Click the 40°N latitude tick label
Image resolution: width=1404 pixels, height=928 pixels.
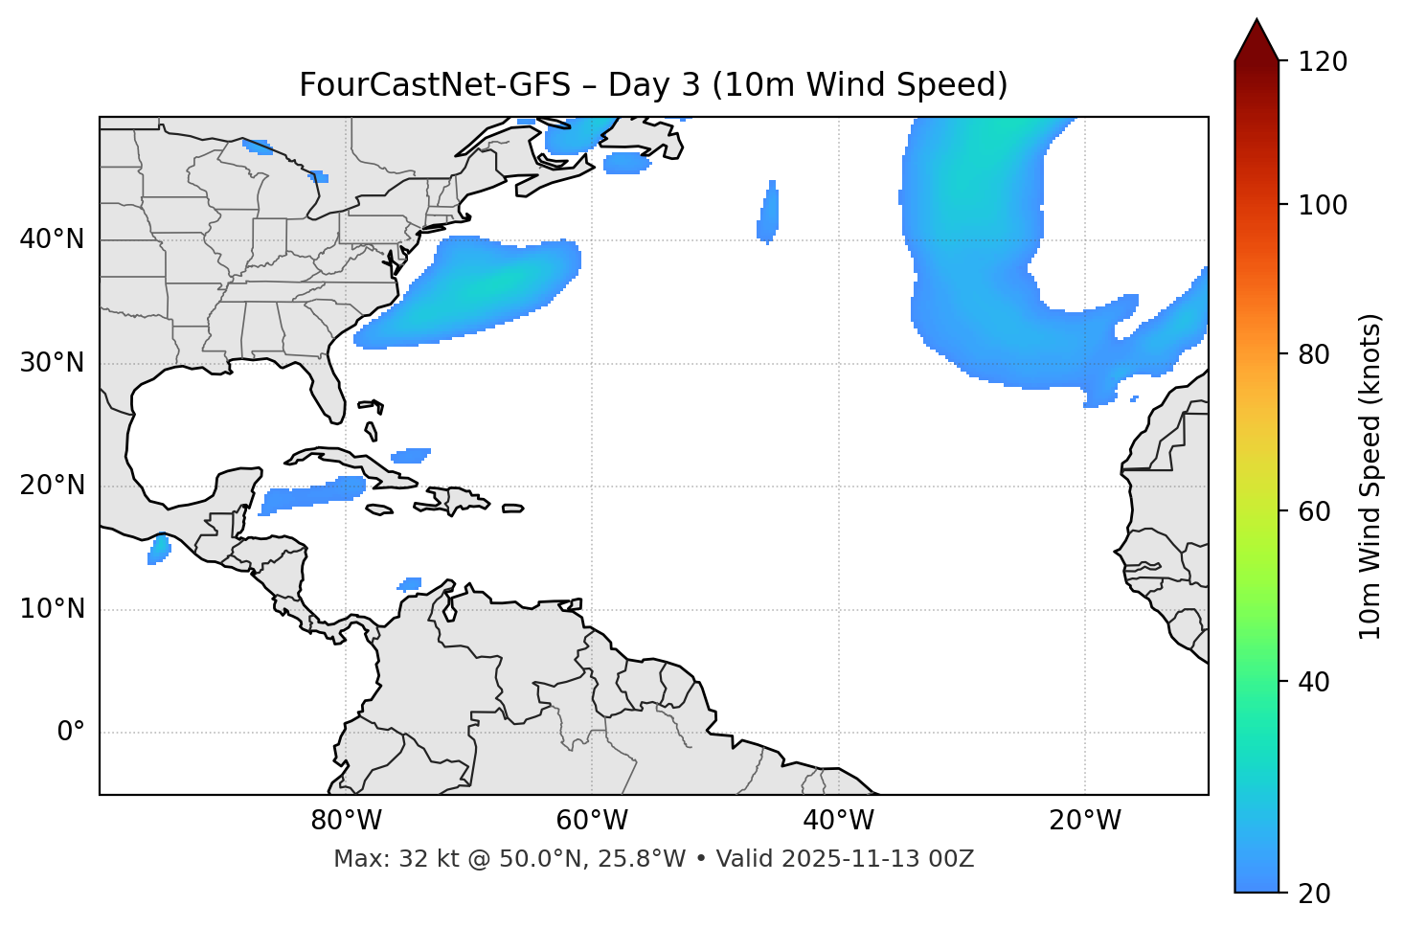pos(52,239)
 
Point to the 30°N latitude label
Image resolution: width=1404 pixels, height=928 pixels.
pos(52,363)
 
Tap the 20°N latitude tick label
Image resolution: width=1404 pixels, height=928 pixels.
pos(52,486)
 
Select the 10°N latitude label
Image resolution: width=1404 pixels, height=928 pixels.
pos(52,609)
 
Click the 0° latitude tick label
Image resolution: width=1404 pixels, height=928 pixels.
pos(71,733)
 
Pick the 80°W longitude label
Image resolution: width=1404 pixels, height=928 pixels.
pos(346,821)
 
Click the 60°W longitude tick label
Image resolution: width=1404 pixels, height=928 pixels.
pos(592,821)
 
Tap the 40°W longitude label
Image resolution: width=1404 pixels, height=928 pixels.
pos(838,821)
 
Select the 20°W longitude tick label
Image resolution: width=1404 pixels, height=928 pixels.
pos(1085,821)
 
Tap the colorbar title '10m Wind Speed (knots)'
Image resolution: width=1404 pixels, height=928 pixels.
pos(1370,476)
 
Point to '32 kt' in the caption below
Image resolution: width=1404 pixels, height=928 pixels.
pos(418,859)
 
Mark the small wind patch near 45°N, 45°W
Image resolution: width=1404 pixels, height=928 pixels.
pos(768,213)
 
